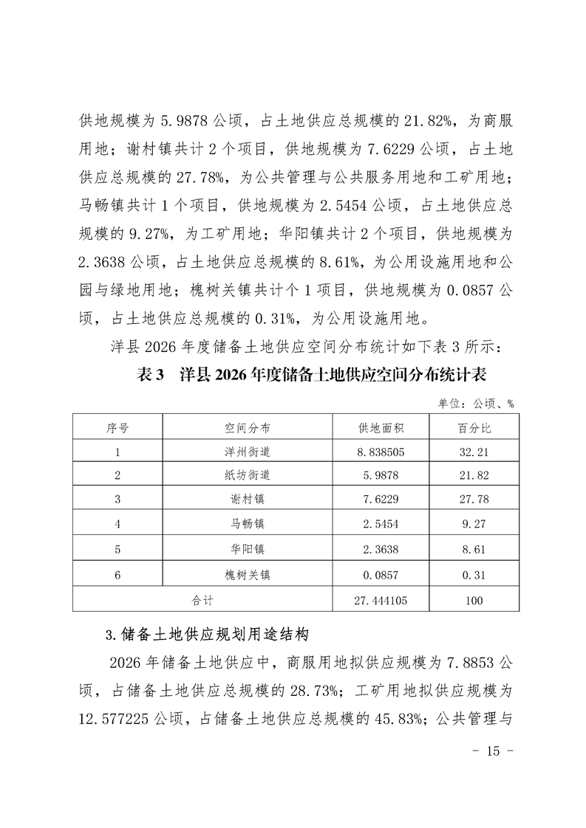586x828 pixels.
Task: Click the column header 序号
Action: point(117,428)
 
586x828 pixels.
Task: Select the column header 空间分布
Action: point(248,428)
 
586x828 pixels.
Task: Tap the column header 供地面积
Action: point(381,428)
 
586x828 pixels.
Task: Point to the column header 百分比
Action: point(474,428)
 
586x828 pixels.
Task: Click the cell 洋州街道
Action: point(248,452)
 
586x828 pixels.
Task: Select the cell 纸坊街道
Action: point(248,476)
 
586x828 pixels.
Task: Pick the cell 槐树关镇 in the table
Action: point(248,575)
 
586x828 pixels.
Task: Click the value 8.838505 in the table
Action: point(381,452)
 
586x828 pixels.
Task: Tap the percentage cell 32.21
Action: point(474,452)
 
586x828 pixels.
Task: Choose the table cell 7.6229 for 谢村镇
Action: point(381,500)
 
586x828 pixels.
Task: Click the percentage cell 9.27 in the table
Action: point(474,525)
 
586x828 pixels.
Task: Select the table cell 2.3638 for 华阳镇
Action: point(381,550)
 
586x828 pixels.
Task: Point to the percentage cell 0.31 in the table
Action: point(474,575)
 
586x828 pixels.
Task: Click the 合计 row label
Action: point(202,600)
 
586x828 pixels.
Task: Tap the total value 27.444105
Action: point(381,600)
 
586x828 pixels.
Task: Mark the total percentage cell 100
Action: point(474,600)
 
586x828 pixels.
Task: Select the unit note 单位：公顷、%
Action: point(476,404)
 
